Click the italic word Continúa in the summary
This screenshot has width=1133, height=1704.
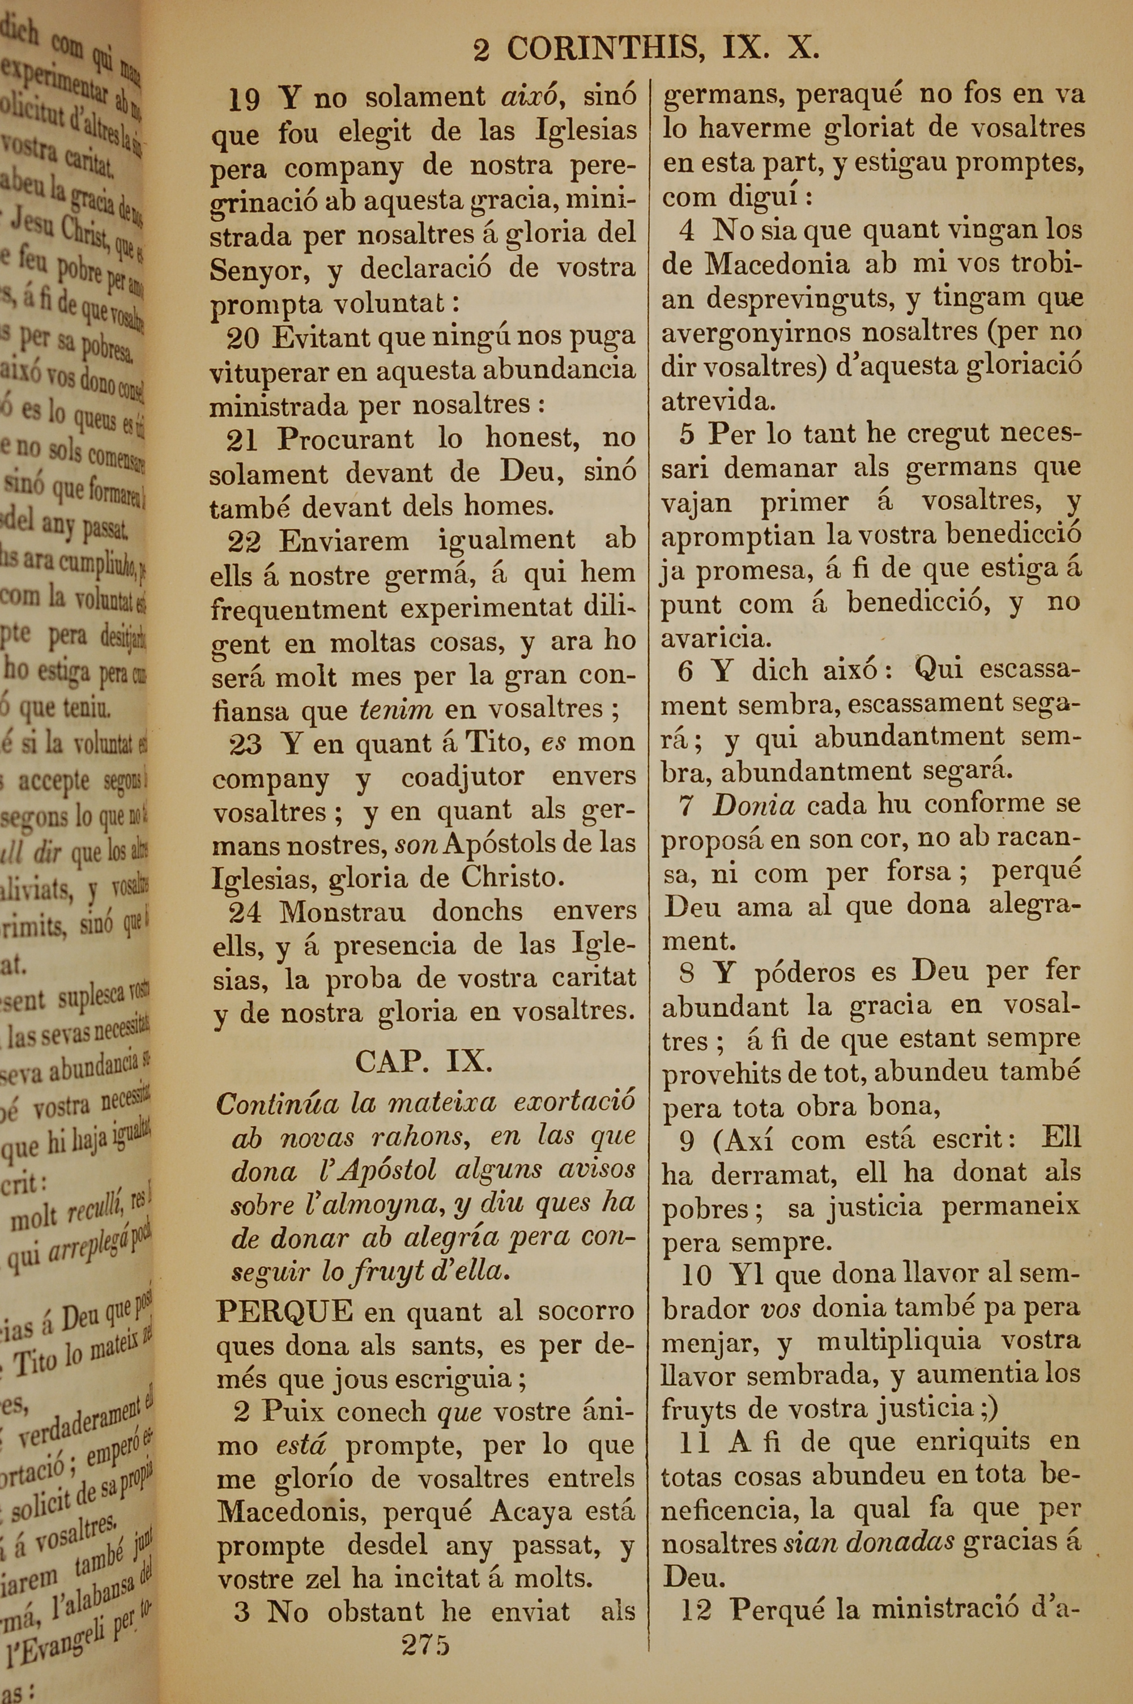(x=277, y=1104)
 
